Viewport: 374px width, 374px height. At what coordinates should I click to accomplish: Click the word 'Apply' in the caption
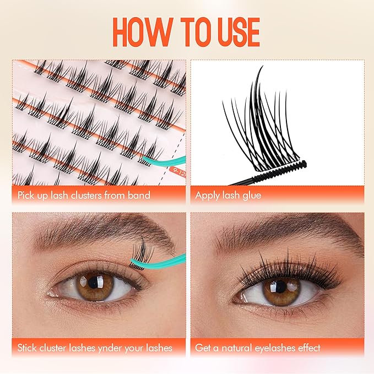pyautogui.click(x=208, y=195)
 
